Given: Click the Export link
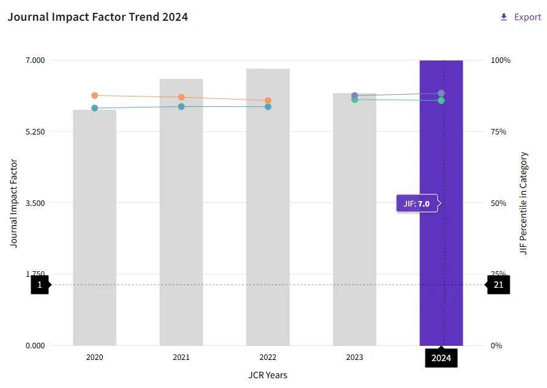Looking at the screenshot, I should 521,17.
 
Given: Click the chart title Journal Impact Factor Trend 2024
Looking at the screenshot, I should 98,17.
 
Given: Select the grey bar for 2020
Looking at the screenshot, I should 95,232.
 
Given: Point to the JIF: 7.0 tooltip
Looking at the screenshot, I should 418,203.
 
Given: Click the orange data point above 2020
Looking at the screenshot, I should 95,95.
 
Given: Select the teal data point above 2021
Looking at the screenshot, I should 182,106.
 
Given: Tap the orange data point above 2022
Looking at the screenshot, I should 268,100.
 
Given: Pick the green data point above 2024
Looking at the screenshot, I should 441,100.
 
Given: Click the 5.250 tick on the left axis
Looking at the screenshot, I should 35,131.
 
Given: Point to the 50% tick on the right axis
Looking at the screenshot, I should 499,203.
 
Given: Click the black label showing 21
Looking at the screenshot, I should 499,285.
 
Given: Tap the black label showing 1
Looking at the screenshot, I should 40,285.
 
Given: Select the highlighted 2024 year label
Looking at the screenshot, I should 441,357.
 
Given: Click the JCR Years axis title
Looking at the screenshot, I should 268,375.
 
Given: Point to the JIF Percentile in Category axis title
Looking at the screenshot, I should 523,203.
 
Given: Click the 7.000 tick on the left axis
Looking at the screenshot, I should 35,60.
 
